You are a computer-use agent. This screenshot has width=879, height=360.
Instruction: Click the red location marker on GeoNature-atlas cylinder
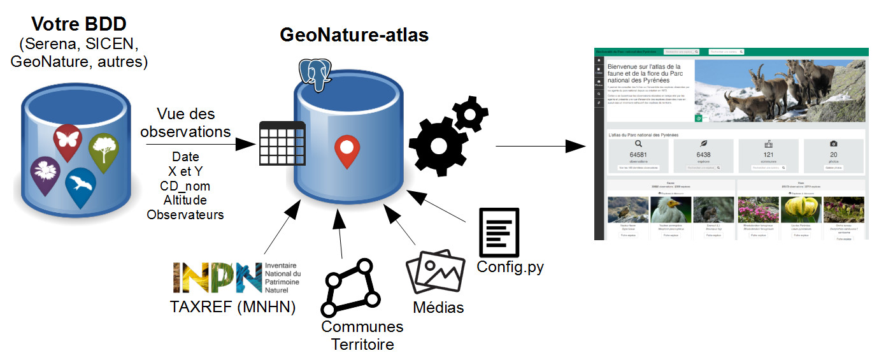[x=347, y=150]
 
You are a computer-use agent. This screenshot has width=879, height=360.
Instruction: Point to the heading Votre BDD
[x=79, y=24]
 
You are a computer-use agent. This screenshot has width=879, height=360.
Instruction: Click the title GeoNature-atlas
[x=354, y=35]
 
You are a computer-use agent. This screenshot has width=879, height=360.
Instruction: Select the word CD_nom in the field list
[x=185, y=185]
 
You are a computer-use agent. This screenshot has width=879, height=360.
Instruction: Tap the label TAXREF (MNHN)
[x=233, y=307]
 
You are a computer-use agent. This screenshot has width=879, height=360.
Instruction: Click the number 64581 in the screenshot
[x=638, y=155]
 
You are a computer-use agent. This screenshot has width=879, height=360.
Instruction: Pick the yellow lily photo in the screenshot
[x=800, y=210]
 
